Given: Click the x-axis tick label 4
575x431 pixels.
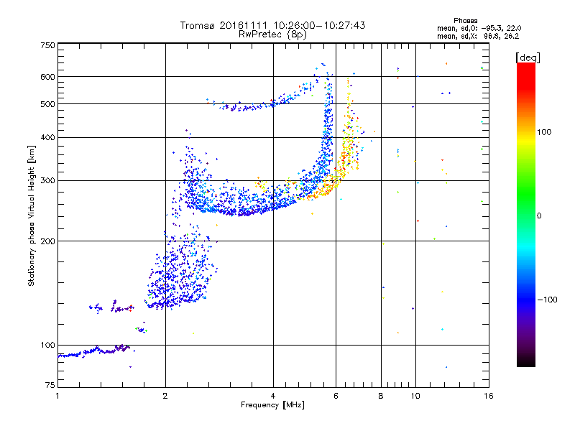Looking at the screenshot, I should coord(273,396).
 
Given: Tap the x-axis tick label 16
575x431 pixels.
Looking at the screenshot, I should coord(487,396).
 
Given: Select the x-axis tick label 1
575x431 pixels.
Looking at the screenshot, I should coord(57,396).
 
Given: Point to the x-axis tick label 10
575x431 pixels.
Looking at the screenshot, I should coord(415,396).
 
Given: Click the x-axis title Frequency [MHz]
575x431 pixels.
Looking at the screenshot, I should coord(272,405).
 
